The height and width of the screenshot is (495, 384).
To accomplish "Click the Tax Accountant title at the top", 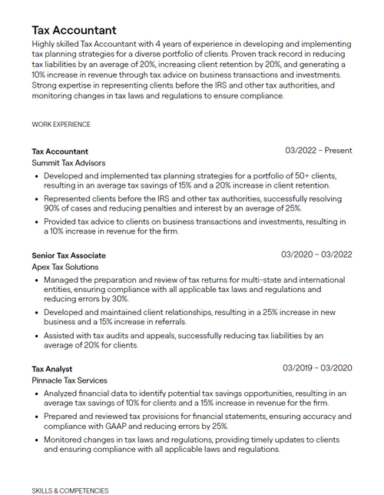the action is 74,30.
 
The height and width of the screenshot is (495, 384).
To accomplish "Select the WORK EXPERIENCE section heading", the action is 61,124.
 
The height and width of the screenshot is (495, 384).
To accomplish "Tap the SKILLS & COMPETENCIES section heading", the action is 70,490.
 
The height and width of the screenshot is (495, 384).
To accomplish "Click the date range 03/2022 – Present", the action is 318,151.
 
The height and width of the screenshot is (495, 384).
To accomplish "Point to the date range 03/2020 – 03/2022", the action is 316,254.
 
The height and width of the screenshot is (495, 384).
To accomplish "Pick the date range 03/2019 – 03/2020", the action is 317,368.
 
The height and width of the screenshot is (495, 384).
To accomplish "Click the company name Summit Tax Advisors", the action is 68,163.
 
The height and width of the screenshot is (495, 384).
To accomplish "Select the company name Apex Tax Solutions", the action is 65,267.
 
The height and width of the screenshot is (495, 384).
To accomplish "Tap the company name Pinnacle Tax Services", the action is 69,380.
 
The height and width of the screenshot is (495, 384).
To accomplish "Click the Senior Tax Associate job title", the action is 68,255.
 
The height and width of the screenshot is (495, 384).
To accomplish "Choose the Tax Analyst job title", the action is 52,369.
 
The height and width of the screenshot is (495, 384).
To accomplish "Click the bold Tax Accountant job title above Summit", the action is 60,151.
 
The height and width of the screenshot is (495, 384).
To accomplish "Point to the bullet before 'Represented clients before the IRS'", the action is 38,199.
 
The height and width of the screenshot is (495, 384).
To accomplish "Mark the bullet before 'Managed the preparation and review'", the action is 38,281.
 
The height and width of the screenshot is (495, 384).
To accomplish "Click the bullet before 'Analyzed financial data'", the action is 38,394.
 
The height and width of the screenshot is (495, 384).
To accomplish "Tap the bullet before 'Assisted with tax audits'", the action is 38,336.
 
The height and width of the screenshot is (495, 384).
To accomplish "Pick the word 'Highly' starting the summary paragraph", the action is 45,45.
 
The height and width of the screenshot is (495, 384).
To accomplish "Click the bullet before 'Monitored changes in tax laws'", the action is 38,440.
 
